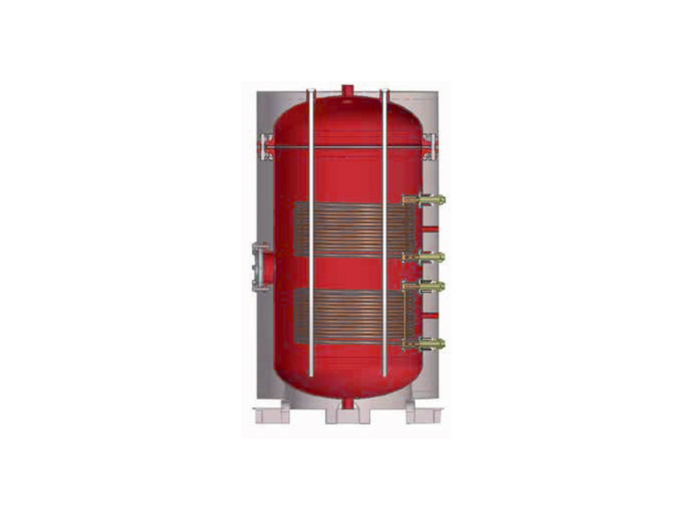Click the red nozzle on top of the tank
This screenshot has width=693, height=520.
coord(347,91)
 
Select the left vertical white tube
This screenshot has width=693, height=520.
coord(311,232)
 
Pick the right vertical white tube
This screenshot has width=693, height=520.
coord(384,232)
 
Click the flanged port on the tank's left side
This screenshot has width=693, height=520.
coord(262,267)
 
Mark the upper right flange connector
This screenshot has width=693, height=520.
coord(430,147)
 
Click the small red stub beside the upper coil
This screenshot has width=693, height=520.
coord(430,229)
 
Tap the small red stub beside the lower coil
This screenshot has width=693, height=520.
coord(430,315)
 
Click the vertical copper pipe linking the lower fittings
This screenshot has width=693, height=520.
coord(404,315)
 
